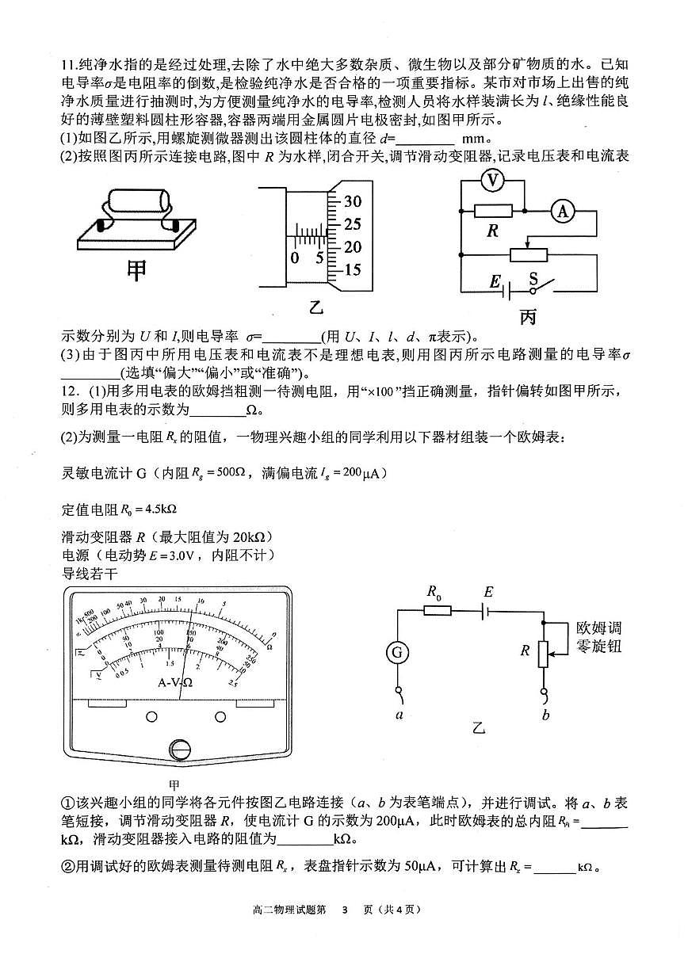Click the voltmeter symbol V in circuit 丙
[492, 181]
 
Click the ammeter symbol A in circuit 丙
[563, 211]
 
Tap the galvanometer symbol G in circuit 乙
[396, 653]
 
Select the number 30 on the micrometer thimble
[353, 201]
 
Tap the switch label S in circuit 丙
[533, 279]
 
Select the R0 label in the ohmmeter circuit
[435, 591]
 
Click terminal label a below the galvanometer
[396, 713]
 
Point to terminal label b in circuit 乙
[545, 715]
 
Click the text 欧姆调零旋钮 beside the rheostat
[598, 638]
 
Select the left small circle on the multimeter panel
[151, 716]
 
